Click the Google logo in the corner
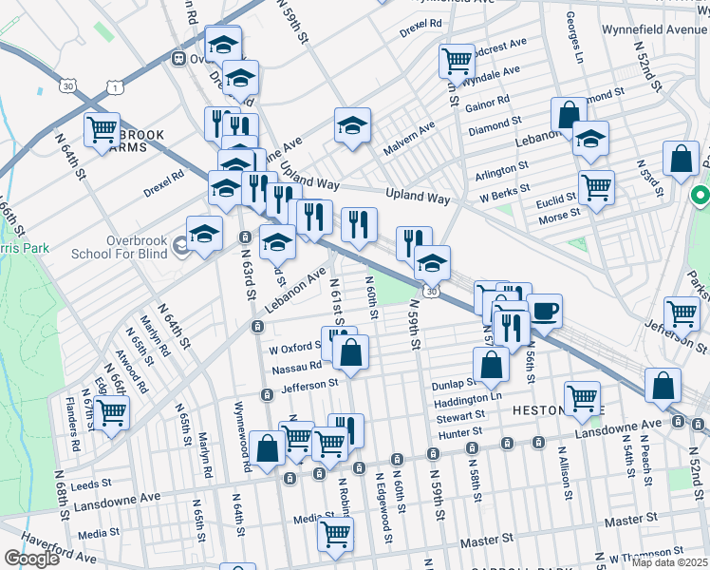point(31,559)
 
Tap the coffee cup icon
point(545,312)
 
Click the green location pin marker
point(701,198)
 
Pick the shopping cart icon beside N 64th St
point(102,129)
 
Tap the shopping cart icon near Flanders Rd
point(111,413)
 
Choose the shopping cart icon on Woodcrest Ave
point(457,61)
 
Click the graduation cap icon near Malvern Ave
point(352,125)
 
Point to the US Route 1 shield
point(115,87)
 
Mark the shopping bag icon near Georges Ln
point(568,115)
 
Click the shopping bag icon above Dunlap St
point(491,364)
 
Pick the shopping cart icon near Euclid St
point(596,187)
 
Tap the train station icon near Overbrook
point(177,59)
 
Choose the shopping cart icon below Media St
point(335,535)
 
